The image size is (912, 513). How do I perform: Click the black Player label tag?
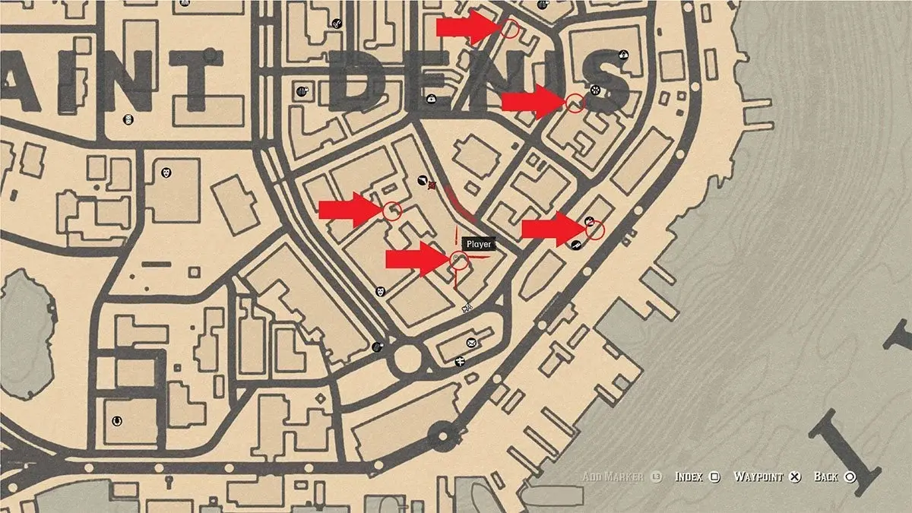(x=479, y=244)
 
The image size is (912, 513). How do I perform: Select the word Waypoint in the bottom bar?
(x=758, y=477)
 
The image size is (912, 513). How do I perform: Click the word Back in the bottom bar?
(x=825, y=477)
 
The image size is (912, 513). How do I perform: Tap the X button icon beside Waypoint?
(x=795, y=477)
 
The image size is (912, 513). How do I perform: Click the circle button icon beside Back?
(x=850, y=477)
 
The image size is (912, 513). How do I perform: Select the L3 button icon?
(x=657, y=477)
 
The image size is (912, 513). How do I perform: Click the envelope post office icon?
(x=472, y=344)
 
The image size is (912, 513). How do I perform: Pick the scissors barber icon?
(x=335, y=22)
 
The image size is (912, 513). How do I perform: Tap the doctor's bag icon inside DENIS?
(x=431, y=97)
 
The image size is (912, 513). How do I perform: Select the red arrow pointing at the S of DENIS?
(x=530, y=101)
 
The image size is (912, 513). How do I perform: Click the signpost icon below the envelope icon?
(x=460, y=362)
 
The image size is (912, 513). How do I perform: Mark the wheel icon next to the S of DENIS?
(x=595, y=90)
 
